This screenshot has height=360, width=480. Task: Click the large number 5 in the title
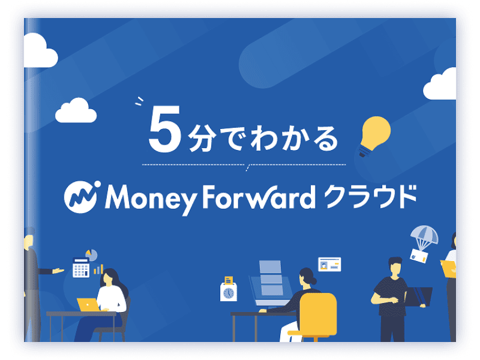pos(164,129)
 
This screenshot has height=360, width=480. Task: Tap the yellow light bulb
pos(374,134)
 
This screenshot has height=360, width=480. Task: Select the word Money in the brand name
pos(150,199)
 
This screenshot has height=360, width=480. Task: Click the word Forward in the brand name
pos(259,197)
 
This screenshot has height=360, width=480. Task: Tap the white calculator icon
pos(81,268)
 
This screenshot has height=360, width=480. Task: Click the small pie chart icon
pos(92,255)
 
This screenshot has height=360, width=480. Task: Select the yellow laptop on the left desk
pos(88,304)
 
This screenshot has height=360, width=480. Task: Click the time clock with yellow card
pos(229,289)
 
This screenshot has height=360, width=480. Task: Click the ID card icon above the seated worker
pos(329,265)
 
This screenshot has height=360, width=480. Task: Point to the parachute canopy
pos(424,234)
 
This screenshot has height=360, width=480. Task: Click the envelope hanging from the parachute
pos(419,256)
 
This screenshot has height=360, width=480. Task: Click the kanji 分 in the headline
pos(200,139)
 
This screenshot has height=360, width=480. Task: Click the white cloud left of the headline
pos(76,111)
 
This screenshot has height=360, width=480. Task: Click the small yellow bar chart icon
pos(98,269)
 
